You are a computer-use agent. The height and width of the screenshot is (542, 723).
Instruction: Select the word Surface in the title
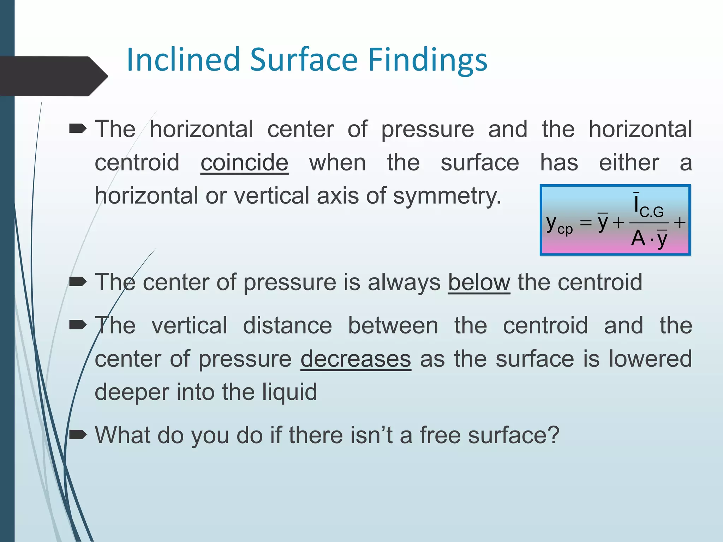tap(304, 60)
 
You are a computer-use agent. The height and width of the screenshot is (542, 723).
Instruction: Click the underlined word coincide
tap(244, 163)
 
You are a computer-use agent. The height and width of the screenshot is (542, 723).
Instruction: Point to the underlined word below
tap(479, 282)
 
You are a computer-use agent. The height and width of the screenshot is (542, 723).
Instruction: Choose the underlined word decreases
tap(355, 359)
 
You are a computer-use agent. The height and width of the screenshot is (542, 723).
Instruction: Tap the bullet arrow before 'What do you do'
tap(78, 435)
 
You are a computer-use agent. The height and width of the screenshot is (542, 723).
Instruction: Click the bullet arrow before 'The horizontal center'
tap(78, 129)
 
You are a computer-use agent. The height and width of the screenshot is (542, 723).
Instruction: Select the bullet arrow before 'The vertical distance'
tap(78, 325)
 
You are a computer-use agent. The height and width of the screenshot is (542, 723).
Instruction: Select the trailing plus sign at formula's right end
tap(680, 223)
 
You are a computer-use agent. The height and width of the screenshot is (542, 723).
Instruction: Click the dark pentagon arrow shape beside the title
tap(53, 76)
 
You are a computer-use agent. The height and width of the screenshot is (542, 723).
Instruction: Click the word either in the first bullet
tap(629, 163)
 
